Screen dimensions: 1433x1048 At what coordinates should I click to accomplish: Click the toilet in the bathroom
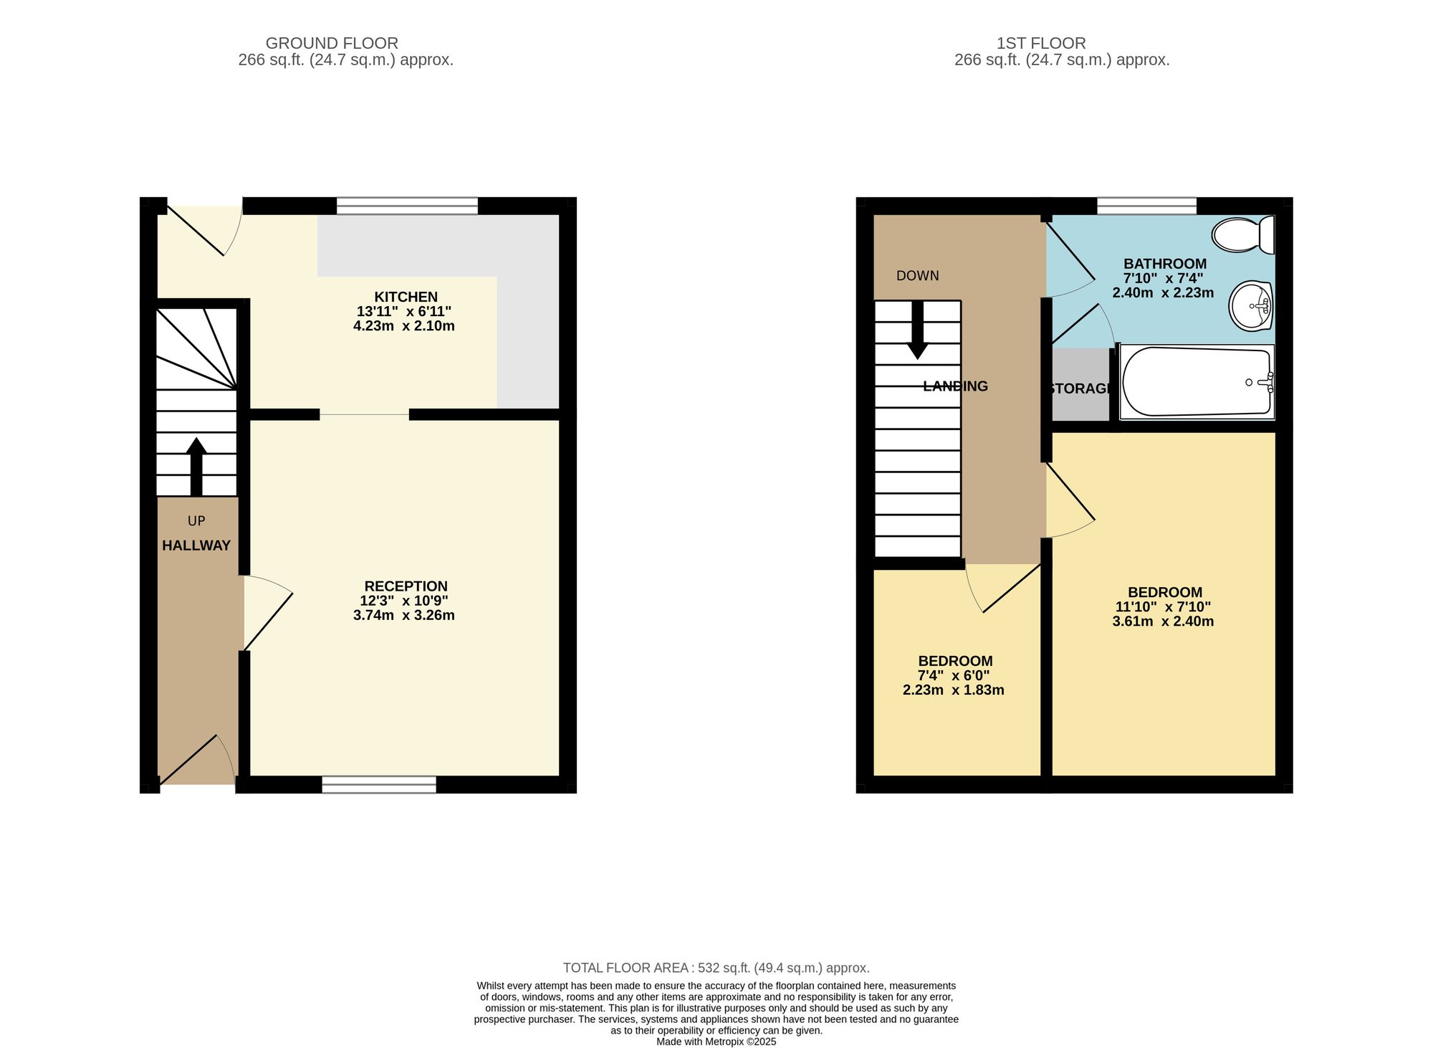(x=1243, y=234)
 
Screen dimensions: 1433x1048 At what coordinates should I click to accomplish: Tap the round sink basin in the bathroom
(x=1251, y=306)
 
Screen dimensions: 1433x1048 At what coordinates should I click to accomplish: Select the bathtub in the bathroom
(x=1197, y=382)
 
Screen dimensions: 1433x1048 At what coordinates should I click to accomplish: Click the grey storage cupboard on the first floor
(x=1080, y=385)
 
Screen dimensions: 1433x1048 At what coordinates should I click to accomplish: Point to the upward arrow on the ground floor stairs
(x=196, y=467)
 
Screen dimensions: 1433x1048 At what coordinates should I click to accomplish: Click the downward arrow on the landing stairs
(x=918, y=330)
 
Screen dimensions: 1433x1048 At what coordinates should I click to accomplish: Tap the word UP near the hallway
(x=196, y=521)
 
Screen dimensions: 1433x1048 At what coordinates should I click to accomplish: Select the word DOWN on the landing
(x=918, y=276)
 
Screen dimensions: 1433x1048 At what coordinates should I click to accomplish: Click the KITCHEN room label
(x=406, y=297)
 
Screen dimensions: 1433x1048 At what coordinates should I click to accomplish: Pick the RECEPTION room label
(x=406, y=586)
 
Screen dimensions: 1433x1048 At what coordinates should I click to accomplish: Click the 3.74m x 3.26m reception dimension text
(x=404, y=615)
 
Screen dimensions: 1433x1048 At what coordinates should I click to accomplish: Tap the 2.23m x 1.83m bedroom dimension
(x=953, y=690)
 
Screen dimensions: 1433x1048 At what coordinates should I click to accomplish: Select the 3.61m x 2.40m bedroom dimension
(x=1163, y=621)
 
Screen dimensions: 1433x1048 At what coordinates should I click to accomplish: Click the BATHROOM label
(x=1165, y=264)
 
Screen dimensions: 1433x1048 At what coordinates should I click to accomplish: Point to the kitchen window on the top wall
(x=407, y=206)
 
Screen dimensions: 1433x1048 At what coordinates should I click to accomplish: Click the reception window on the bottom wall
(x=379, y=784)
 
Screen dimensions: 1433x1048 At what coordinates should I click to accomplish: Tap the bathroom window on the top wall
(x=1146, y=206)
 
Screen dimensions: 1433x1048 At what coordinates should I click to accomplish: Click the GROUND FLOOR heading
(x=332, y=43)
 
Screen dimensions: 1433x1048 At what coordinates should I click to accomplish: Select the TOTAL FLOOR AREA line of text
(x=716, y=968)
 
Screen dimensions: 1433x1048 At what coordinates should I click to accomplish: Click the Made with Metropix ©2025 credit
(x=716, y=1042)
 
